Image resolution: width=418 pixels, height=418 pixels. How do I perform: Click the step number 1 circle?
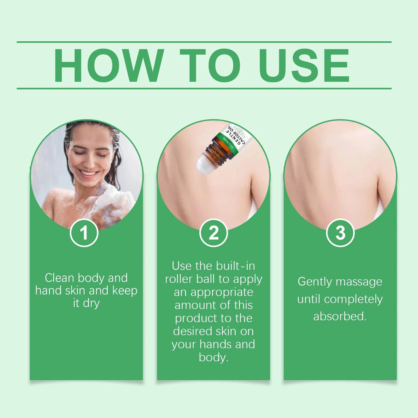(x=84, y=233)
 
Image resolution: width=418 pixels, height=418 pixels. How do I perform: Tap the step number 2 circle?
(x=213, y=233)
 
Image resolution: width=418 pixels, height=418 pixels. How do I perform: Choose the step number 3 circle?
(x=340, y=233)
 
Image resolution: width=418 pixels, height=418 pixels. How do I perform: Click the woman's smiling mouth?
(x=88, y=174)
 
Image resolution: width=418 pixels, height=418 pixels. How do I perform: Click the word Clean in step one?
(x=60, y=278)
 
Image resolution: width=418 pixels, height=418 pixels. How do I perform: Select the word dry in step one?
(x=91, y=303)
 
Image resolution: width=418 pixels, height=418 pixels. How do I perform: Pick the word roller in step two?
(x=179, y=279)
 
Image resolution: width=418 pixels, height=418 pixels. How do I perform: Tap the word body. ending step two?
(x=213, y=358)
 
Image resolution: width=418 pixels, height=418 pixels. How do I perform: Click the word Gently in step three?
(x=314, y=282)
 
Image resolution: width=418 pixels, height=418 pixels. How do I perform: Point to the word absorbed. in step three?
(x=340, y=316)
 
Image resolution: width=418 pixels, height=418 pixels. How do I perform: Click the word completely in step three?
(x=353, y=299)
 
